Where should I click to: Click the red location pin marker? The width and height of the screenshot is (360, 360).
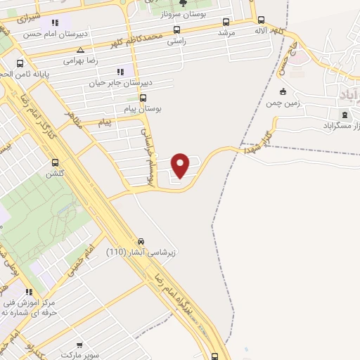pos(181,165)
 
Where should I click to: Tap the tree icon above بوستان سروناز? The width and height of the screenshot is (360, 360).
pos(184,3)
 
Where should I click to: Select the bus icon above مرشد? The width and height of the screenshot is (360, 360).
pos(226,22)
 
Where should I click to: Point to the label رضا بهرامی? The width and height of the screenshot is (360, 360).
pos(79,60)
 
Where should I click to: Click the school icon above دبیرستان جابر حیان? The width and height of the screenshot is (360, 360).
pos(120,72)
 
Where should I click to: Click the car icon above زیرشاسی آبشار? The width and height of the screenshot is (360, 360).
pos(141,240)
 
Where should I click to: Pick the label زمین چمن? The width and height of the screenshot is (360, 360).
pos(282,103)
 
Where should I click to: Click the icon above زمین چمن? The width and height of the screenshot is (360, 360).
pos(283,91)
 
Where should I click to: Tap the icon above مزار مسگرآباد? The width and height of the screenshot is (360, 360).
pos(345,114)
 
